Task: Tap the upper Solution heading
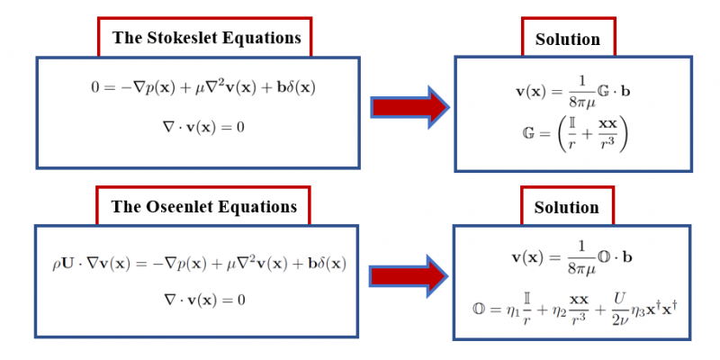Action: pyautogui.click(x=567, y=39)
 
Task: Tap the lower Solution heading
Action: pyautogui.click(x=567, y=207)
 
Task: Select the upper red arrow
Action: pyautogui.click(x=410, y=107)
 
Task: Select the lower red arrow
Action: pyautogui.click(x=410, y=277)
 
